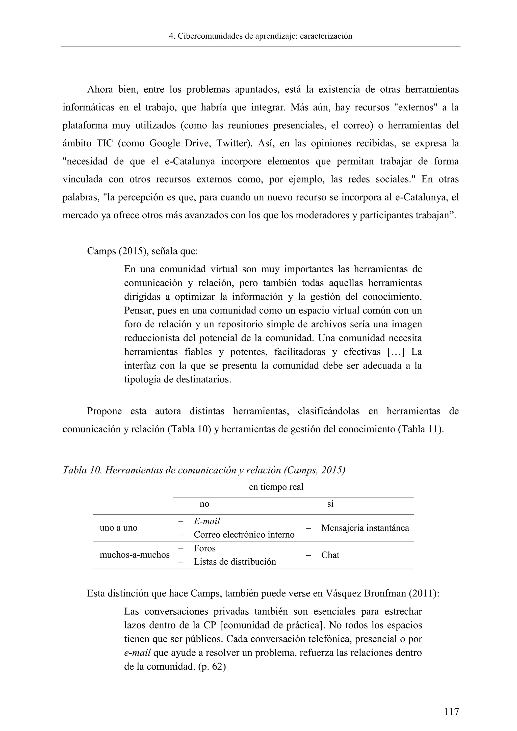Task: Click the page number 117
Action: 451,711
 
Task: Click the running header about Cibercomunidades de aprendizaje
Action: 261,36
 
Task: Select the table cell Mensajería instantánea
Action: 365,528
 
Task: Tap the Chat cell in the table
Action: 330,555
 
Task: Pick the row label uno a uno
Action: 118,528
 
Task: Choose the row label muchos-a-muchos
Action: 135,555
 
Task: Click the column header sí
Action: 330,504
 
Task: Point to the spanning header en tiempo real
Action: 276,487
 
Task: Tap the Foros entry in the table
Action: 205,548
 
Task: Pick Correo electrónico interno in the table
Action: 244,535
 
